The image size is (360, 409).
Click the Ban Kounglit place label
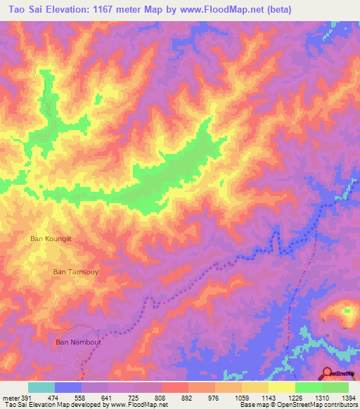point(51,239)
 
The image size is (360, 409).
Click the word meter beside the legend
point(10,398)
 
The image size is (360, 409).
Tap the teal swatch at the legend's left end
point(41,387)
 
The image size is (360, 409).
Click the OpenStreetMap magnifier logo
point(328,373)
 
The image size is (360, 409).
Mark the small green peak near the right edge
point(346,311)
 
